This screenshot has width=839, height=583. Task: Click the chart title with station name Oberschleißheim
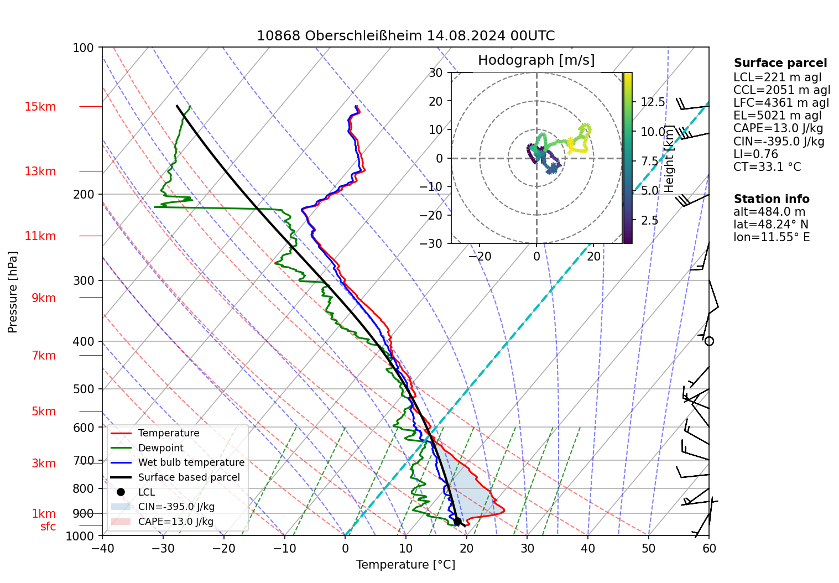coord(405,36)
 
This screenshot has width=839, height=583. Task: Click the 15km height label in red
coord(40,107)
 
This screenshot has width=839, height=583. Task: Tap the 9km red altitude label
coord(43,298)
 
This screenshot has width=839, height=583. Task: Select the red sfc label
coord(48,527)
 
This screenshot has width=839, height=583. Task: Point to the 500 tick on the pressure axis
coord(84,389)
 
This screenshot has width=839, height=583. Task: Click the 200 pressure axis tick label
coord(84,194)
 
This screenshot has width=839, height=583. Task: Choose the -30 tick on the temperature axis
coord(163,549)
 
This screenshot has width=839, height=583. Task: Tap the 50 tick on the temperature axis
coord(648,549)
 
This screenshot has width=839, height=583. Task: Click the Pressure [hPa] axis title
coord(13,292)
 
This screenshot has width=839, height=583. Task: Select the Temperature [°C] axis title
coord(405,565)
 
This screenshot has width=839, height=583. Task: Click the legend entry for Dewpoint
coord(160,448)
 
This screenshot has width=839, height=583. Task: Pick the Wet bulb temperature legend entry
coord(191,462)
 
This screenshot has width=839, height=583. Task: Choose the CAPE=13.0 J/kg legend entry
coord(175,522)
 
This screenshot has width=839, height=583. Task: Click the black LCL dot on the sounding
coord(457,522)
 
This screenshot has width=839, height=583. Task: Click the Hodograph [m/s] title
coord(536,60)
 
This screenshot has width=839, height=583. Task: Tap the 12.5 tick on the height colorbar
coord(653,102)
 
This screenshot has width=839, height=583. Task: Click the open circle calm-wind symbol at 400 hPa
coord(709,341)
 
